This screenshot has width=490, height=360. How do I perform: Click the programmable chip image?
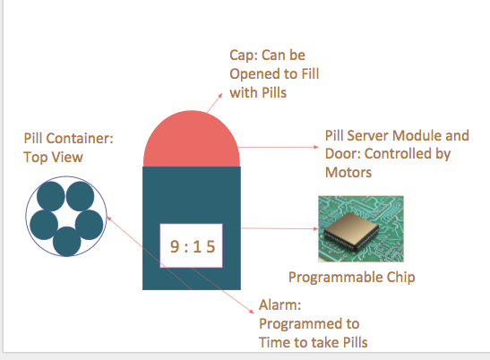361,229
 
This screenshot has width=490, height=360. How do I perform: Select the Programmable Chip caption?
352,277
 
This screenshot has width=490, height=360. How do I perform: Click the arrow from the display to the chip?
269,228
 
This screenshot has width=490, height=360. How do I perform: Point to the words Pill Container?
69,140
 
